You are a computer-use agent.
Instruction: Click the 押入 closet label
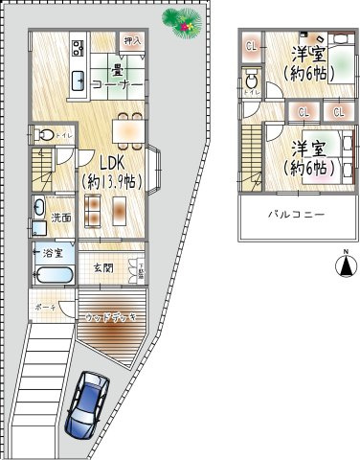coord(132,41)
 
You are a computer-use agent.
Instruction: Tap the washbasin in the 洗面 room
coord(38,207)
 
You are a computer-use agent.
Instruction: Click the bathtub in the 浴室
coord(52,275)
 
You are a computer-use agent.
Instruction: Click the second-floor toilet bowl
coord(251,83)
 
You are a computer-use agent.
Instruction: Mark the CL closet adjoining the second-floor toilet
coord(251,46)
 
